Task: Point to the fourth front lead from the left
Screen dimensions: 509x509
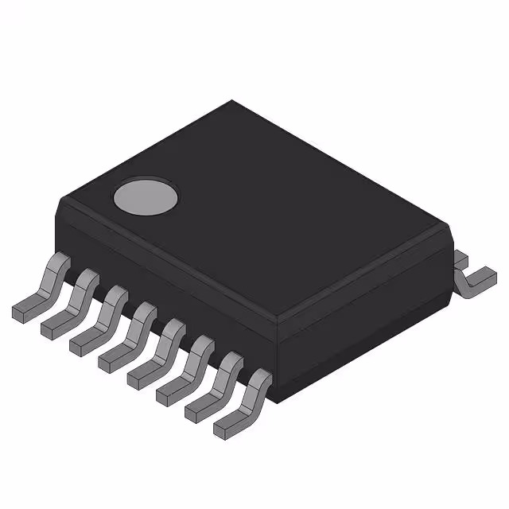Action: coord(130,335)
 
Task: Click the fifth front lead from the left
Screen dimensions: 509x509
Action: coord(158,350)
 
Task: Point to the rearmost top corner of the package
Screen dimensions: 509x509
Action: coord(231,101)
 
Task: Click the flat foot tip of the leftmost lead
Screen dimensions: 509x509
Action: coord(19,309)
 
